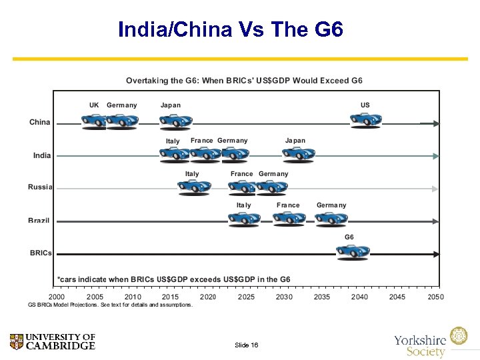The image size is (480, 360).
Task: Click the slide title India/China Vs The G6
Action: coord(231,30)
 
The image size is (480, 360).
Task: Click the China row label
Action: coord(39,122)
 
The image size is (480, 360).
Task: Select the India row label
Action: coord(42,155)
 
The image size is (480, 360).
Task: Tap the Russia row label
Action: coord(40,187)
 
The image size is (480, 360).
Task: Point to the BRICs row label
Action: coord(41,253)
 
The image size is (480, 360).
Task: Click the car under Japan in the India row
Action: coord(297,154)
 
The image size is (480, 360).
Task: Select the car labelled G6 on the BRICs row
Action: coord(352,251)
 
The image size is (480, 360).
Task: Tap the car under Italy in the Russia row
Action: coord(194,187)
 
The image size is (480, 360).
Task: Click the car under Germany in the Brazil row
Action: coord(331,219)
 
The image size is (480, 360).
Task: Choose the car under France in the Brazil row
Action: coord(289,219)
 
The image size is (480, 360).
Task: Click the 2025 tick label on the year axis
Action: coord(246,297)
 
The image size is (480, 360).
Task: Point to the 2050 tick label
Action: coord(435,297)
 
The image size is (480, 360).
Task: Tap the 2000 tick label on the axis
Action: coord(57,297)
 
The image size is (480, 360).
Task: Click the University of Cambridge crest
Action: coord(17,342)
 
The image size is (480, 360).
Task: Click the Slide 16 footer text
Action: coord(246,345)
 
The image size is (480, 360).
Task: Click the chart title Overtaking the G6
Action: coord(244,81)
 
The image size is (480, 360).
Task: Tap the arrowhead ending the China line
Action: coord(435,123)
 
